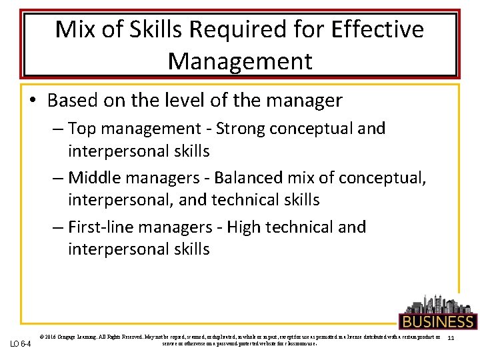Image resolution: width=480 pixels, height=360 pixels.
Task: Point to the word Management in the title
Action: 240,61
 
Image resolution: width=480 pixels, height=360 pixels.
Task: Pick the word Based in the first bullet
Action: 73,101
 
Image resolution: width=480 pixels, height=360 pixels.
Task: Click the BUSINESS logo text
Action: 437,321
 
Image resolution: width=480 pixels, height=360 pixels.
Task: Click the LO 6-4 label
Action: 21,343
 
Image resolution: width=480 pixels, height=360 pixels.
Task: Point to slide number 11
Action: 451,339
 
